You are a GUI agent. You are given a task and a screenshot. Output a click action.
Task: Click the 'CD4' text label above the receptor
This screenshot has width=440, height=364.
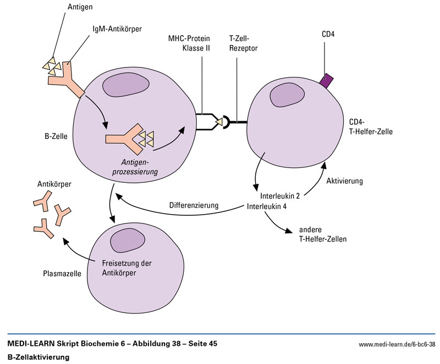click(x=328, y=35)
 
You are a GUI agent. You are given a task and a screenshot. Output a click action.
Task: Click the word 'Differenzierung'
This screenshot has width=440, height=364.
click(x=194, y=206)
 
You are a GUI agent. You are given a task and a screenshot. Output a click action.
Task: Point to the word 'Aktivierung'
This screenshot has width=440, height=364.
click(x=344, y=181)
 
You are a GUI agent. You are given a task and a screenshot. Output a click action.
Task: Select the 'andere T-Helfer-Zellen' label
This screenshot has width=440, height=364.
click(x=323, y=234)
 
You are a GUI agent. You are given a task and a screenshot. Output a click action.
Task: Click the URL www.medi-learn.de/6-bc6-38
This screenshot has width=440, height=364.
click(x=397, y=345)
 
